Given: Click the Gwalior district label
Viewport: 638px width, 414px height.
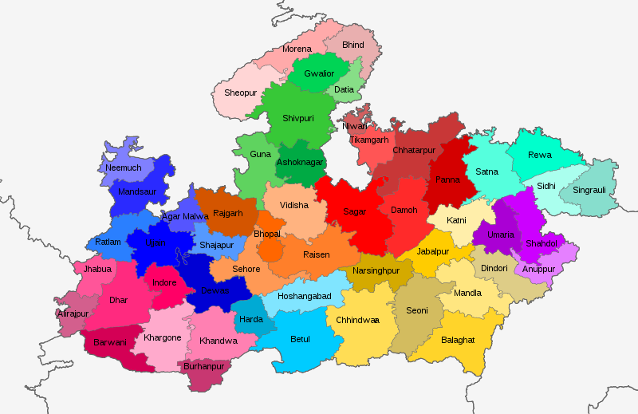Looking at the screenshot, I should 319,74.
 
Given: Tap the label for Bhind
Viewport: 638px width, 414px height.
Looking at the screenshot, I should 352,45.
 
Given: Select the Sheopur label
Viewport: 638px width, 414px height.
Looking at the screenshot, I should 240,93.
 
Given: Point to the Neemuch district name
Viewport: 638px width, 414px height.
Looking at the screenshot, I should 124,168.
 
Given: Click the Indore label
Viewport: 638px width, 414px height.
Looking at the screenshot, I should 164,283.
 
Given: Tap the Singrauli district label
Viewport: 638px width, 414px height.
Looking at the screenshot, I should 589,191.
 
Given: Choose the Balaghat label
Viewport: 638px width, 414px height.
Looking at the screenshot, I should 458,340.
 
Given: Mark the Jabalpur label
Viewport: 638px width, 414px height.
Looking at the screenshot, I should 433,252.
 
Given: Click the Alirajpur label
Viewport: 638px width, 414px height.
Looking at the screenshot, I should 73,314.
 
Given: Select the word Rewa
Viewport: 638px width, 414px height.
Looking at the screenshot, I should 540,155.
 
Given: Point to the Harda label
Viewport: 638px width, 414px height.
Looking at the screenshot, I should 251,320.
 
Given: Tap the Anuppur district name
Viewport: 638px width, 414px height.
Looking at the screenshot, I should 538,269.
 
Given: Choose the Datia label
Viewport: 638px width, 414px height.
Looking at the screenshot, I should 345,90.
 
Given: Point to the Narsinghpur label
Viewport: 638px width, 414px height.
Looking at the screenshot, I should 376,271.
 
